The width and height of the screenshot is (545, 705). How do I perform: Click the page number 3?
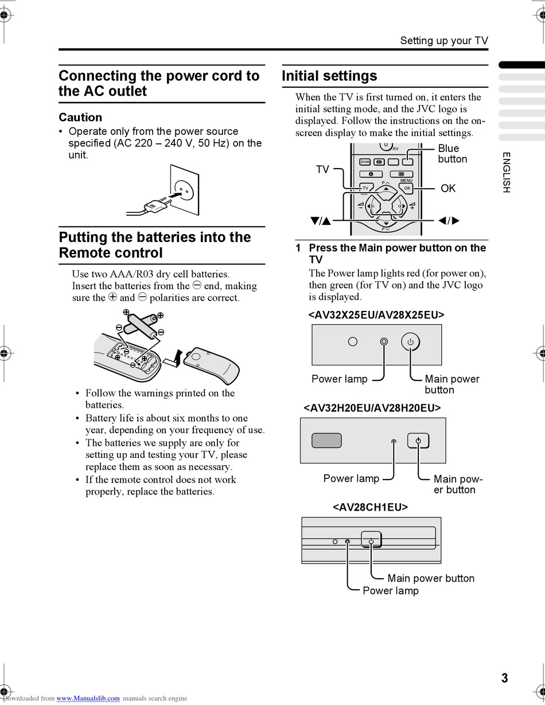click(x=504, y=678)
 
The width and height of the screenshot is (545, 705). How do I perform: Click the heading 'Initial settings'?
click(x=329, y=76)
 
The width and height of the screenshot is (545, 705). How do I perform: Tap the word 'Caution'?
click(x=80, y=117)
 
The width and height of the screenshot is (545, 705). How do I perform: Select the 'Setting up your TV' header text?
click(x=444, y=40)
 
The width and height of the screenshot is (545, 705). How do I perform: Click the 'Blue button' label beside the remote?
click(x=452, y=154)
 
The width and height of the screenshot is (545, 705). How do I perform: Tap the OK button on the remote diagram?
click(x=407, y=188)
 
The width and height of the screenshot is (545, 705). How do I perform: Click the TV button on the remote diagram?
click(x=365, y=188)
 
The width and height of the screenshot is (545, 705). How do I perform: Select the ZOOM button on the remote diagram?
click(x=365, y=162)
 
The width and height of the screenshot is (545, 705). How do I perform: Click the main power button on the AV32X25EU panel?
click(x=410, y=342)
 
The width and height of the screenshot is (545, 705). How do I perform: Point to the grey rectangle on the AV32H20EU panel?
click(x=326, y=441)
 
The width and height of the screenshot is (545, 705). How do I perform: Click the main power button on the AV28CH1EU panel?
click(x=371, y=540)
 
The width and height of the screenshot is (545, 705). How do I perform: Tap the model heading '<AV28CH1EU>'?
click(x=370, y=507)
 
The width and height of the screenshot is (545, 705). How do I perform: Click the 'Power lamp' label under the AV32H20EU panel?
click(x=351, y=478)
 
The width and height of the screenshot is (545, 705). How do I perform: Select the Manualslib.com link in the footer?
click(x=88, y=698)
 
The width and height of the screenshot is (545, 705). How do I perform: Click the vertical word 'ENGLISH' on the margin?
click(x=506, y=172)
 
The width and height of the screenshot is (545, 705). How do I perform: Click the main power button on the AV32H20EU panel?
click(x=418, y=441)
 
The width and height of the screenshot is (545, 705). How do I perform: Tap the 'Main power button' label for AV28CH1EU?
click(x=431, y=578)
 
